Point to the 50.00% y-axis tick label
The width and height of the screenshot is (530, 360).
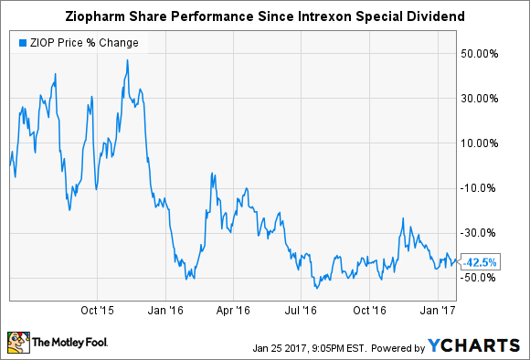coord(482,53)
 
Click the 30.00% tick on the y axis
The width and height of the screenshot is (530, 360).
coord(482,98)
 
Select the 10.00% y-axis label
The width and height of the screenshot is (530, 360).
coord(482,143)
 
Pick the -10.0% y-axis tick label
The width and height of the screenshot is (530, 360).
coord(482,188)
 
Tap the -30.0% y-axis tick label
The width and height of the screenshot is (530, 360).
coord(482,233)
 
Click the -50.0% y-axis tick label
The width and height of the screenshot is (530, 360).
coord(482,278)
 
